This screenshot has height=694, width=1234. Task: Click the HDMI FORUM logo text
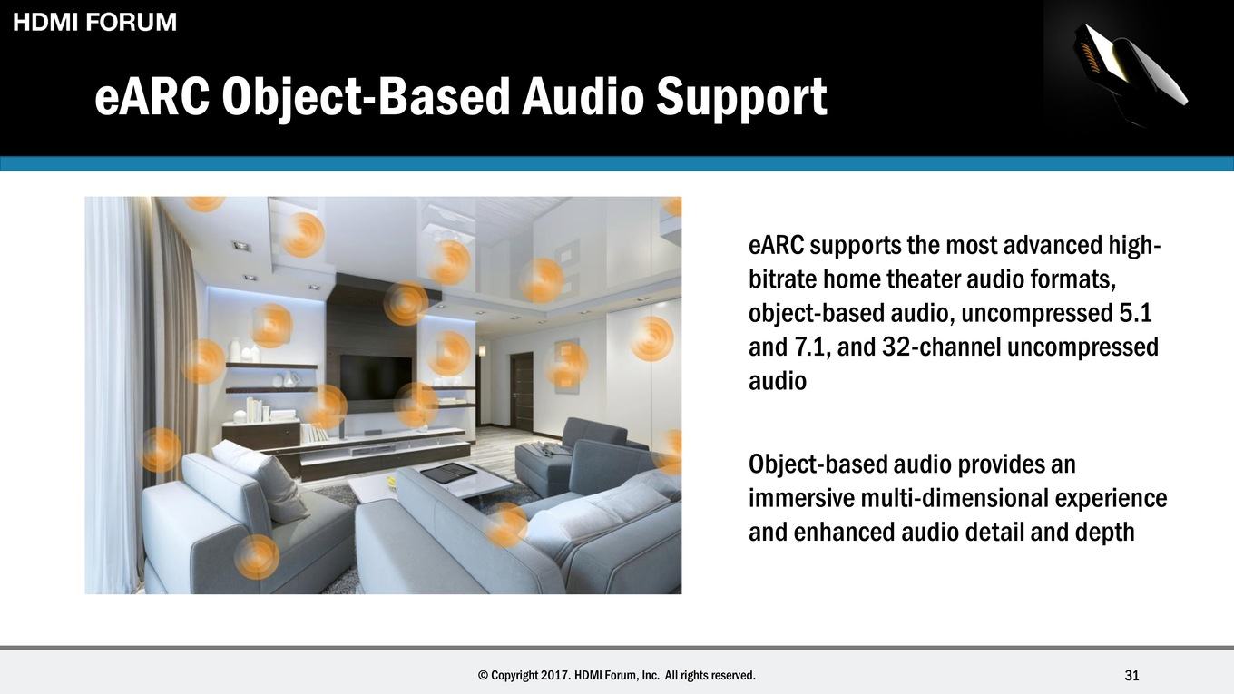94,22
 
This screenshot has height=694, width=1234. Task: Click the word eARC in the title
152,97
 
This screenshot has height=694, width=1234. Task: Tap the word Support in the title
741,98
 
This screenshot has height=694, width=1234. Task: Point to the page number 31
1131,675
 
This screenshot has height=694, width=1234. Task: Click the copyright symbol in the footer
483,675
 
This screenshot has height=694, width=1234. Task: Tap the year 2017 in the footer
555,675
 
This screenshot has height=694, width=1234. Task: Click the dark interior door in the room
521,392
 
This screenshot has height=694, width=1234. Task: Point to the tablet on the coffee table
446,473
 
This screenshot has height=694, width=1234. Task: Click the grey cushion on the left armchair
261,480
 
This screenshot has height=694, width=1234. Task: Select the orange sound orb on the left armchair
257,557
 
